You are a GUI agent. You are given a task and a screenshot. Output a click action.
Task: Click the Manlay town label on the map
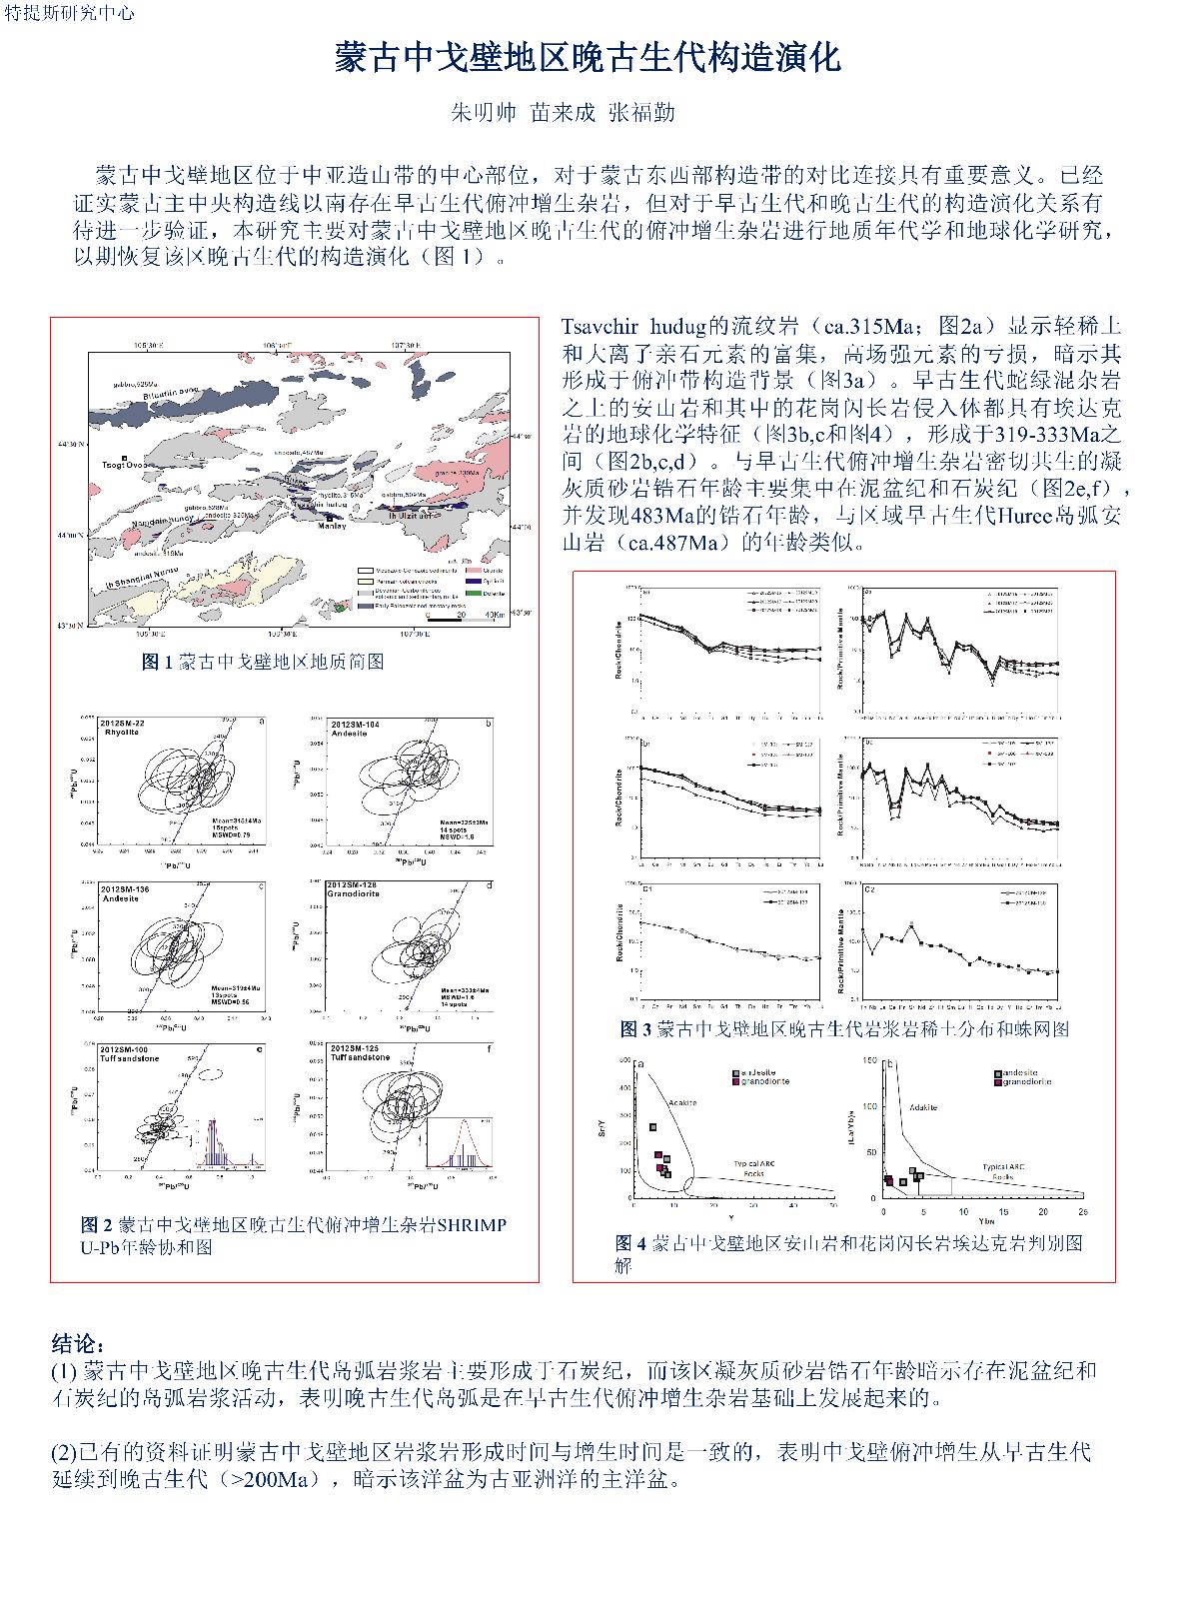(x=333, y=526)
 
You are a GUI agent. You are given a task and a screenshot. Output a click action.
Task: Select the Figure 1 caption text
(x=263, y=662)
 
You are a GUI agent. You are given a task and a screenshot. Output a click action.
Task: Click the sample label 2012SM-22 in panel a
(x=124, y=723)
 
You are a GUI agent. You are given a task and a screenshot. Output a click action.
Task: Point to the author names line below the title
(x=565, y=112)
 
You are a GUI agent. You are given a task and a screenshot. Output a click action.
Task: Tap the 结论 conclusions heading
(x=78, y=1342)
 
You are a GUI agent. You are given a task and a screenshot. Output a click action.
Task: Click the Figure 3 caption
(x=844, y=1028)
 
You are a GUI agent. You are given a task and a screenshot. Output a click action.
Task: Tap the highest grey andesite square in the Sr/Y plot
(x=653, y=1127)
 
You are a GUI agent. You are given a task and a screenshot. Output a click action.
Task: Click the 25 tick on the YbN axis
(x=1082, y=1211)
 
